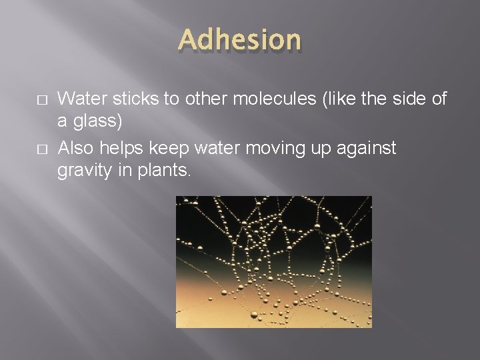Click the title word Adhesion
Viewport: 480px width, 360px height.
[240, 40]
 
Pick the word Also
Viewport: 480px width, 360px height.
[75, 147]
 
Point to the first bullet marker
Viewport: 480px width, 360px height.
[23, 100]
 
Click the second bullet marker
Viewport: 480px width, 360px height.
[23, 148]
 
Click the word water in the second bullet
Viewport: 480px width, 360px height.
[213, 147]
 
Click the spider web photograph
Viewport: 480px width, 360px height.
[273, 261]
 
